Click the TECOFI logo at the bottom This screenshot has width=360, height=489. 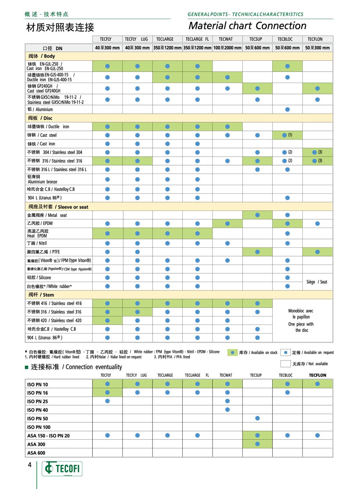click(62, 468)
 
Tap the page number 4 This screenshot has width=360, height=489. click(30, 465)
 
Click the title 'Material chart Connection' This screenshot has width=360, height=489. click(247, 26)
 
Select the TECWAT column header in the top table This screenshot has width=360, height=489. click(226, 39)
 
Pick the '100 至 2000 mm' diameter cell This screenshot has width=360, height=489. click(227, 48)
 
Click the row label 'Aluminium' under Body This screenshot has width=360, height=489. click(40, 109)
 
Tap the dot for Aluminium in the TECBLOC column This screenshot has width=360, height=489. click(287, 109)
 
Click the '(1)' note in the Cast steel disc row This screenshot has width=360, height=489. click(290, 135)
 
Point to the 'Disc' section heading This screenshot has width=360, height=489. click(40, 118)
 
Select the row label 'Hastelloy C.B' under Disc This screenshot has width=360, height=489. click(51, 189)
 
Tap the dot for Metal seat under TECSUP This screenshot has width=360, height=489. click(257, 215)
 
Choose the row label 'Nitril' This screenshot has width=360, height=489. click(37, 243)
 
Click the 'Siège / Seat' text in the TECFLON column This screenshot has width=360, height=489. click(317, 282)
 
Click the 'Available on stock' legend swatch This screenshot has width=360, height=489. click(232, 352)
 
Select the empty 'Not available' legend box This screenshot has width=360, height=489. click(285, 364)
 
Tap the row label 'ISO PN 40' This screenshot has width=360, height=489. click(38, 410)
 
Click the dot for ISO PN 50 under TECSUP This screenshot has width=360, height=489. click(257, 418)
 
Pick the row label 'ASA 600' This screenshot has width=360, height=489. click(36, 453)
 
